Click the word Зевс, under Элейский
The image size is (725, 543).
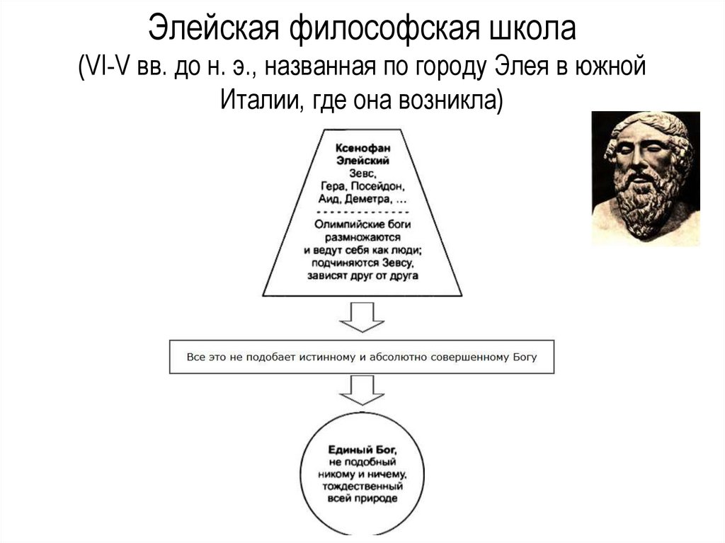pos(362,173)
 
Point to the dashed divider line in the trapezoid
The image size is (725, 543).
pos(362,212)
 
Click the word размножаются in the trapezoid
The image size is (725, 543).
pos(362,237)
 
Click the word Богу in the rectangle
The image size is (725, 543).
pos(524,358)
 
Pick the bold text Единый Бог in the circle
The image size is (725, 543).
pos(362,450)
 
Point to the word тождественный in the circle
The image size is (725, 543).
pos(362,486)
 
